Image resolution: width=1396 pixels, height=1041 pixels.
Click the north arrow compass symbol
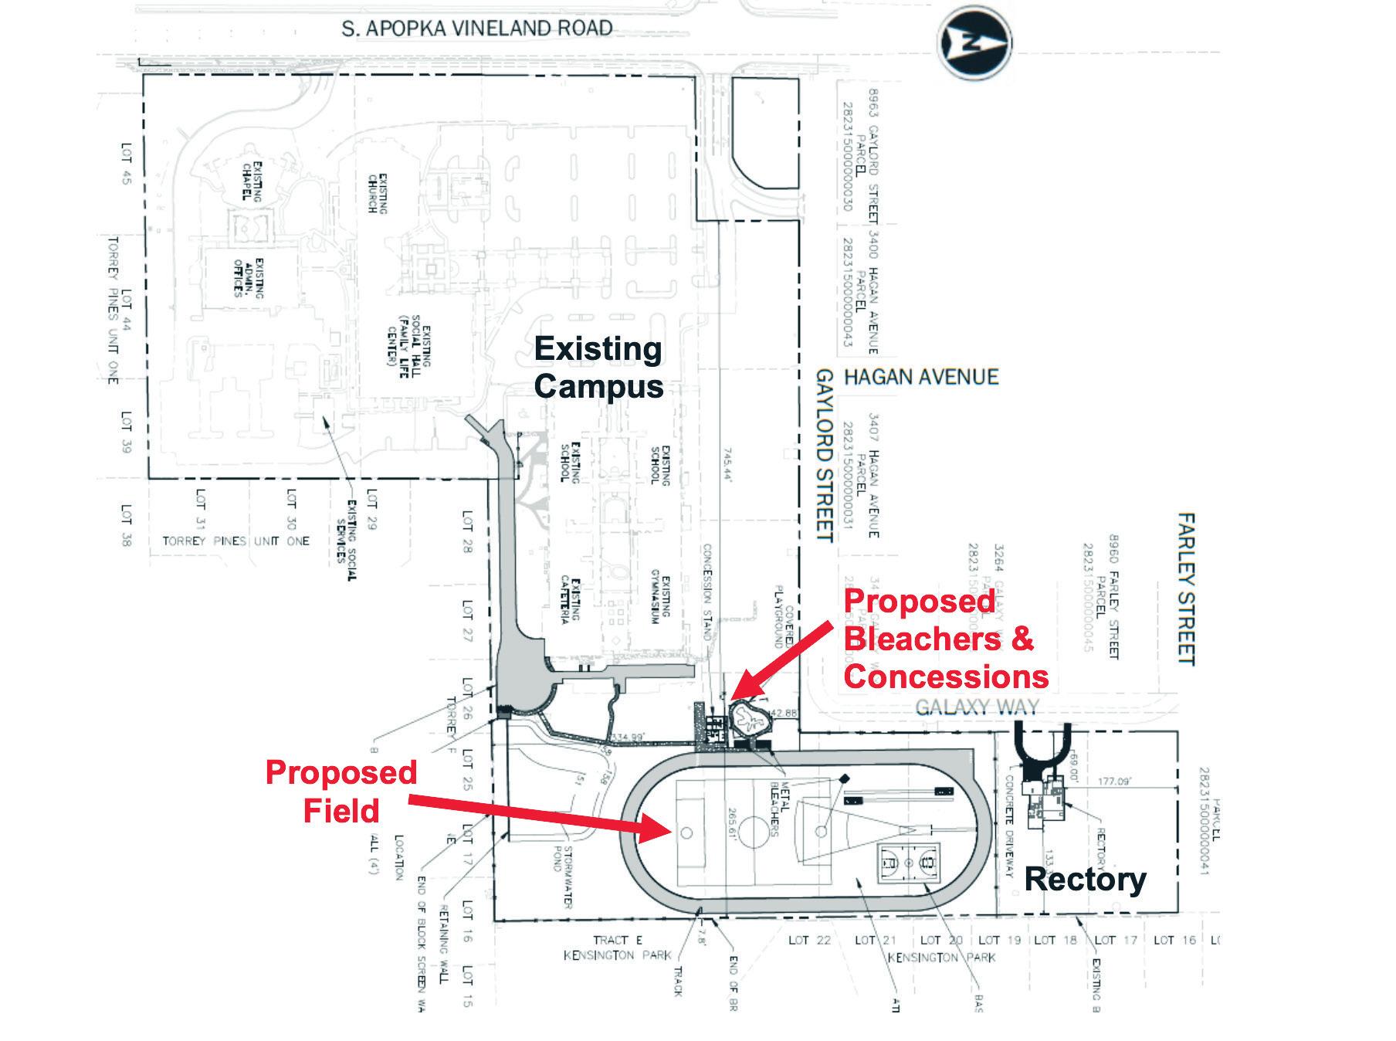974,44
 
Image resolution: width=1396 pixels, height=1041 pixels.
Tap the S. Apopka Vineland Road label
477,29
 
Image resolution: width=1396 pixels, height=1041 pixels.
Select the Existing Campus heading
598,368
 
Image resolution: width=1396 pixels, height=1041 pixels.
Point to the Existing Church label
377,194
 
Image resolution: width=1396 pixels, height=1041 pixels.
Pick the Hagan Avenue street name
921,377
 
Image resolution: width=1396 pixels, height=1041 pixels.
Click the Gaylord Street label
825,455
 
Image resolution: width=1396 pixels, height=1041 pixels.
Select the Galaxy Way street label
977,706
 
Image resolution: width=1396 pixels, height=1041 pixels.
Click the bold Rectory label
1085,879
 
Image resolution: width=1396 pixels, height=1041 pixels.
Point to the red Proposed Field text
341,792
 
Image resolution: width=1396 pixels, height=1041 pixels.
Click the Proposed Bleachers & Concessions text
945,639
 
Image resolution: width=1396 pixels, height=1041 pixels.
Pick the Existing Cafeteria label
570,598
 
